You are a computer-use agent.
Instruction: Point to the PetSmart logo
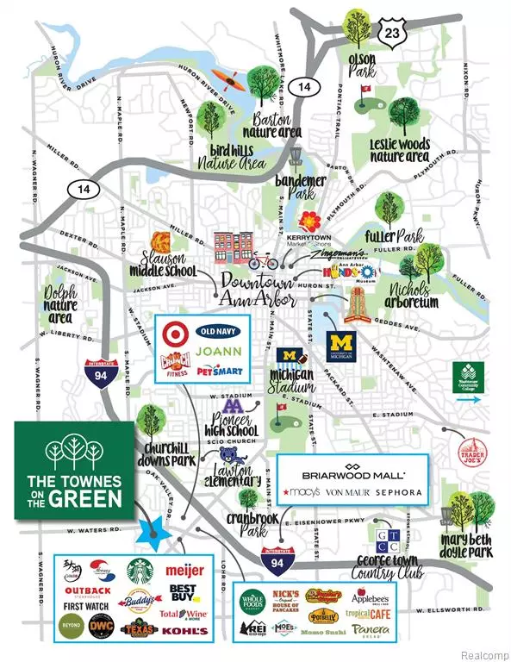pyautogui.click(x=216, y=372)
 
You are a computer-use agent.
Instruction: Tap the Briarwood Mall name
pyautogui.click(x=352, y=474)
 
